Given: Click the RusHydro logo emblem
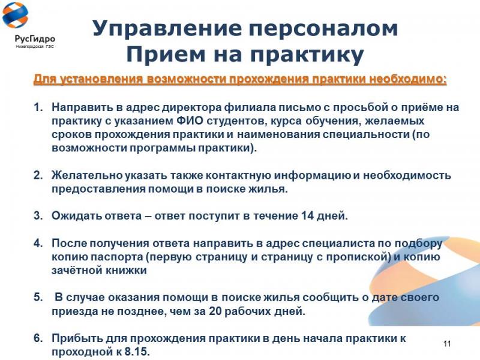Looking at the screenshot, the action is click(15, 15).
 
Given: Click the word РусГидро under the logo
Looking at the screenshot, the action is click(35, 39).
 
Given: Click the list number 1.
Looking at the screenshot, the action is click(38, 107).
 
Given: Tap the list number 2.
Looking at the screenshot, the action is click(38, 175).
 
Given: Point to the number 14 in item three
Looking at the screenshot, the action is click(307, 216).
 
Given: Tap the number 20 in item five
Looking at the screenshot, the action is click(215, 311).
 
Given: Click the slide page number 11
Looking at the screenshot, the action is click(447, 343).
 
